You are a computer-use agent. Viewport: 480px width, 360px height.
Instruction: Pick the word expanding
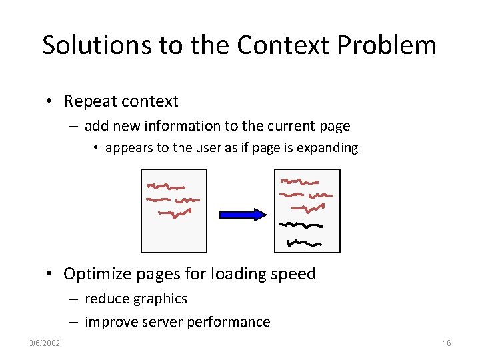pyautogui.click(x=329, y=148)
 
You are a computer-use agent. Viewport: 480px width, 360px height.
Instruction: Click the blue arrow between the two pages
pyautogui.click(x=243, y=214)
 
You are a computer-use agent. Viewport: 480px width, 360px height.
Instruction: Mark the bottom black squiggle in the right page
pyautogui.click(x=304, y=242)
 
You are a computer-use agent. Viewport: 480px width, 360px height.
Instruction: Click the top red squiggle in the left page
pyautogui.click(x=166, y=186)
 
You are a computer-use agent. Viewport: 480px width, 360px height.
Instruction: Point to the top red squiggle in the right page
pyautogui.click(x=299, y=181)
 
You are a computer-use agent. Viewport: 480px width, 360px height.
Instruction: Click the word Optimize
pyautogui.click(x=96, y=274)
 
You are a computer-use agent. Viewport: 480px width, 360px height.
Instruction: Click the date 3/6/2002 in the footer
pyautogui.click(x=45, y=343)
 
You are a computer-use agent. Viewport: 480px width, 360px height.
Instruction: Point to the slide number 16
pyautogui.click(x=446, y=343)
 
